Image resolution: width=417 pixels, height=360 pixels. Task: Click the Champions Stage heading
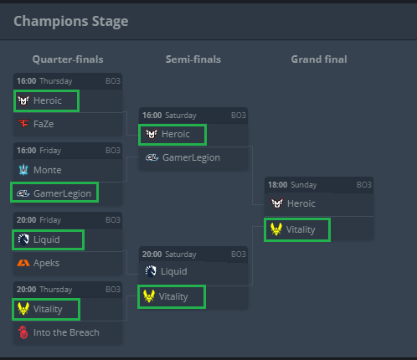pos(71,22)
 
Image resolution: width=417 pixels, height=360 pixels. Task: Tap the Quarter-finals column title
pos(68,59)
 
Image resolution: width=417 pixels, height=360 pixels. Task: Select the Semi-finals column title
pos(193,59)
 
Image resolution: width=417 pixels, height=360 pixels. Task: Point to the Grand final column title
pos(319,59)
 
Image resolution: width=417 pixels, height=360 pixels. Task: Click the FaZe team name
pos(44,124)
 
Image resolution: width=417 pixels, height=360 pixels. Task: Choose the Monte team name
pos(48,170)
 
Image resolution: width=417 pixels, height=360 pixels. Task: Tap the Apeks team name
pos(46,263)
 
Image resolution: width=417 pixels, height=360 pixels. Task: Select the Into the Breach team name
pos(66,332)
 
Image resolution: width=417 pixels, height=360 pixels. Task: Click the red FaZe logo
pos(23,124)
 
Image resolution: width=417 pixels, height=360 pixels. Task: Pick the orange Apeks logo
pos(23,263)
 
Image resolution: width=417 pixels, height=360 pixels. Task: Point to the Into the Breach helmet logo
pos(23,332)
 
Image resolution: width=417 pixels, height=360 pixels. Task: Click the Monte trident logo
pos(23,170)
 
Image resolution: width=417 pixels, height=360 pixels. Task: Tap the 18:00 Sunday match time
pos(292,185)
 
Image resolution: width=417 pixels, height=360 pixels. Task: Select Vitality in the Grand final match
pos(301,229)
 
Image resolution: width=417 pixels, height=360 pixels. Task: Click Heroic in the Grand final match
pos(301,203)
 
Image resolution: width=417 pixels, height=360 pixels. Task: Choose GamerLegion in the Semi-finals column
pos(191,157)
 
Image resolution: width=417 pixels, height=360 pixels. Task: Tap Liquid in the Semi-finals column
pos(174,271)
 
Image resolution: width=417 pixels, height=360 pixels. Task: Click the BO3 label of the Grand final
pos(364,185)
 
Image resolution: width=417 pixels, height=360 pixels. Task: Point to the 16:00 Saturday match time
pos(169,116)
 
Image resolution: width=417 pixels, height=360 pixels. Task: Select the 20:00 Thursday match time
pos(44,290)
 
